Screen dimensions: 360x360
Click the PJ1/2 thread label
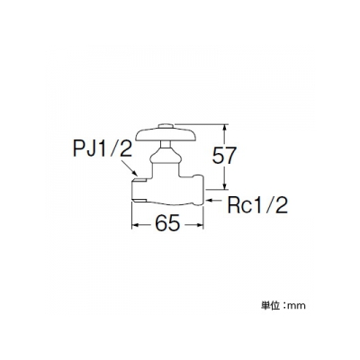click(103, 149)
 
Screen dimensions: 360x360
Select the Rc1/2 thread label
click(257, 205)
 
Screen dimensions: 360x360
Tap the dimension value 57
click(224, 156)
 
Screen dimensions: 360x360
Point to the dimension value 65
click(167, 223)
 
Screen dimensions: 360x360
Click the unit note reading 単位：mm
click(283, 306)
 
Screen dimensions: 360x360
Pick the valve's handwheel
click(166, 134)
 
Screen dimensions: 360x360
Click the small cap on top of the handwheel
click(166, 126)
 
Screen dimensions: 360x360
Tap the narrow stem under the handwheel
click(166, 145)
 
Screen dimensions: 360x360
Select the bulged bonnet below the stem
click(166, 157)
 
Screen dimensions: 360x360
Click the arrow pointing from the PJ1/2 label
click(130, 168)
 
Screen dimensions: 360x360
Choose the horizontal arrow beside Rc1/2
click(215, 199)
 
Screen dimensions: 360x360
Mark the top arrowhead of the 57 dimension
click(224, 129)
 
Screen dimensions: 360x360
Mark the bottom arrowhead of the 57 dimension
click(224, 185)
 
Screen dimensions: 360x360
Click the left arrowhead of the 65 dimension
click(137, 224)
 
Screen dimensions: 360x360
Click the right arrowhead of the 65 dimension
click(199, 224)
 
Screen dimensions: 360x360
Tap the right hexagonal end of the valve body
click(199, 190)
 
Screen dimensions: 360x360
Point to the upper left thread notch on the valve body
click(139, 180)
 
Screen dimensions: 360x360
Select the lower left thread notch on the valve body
click(139, 200)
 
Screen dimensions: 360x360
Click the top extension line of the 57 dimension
click(202, 123)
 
